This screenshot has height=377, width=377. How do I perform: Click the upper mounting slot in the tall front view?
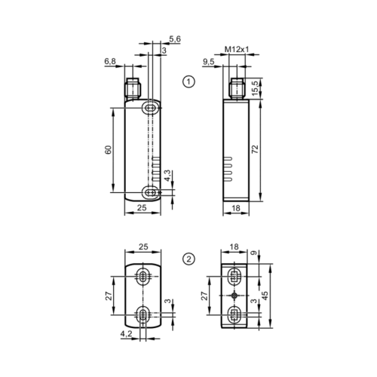pyautogui.click(x=152, y=109)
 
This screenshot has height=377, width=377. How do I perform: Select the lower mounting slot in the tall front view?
pyautogui.click(x=152, y=193)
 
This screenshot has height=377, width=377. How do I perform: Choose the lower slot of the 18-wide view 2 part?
pyautogui.click(x=234, y=312)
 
